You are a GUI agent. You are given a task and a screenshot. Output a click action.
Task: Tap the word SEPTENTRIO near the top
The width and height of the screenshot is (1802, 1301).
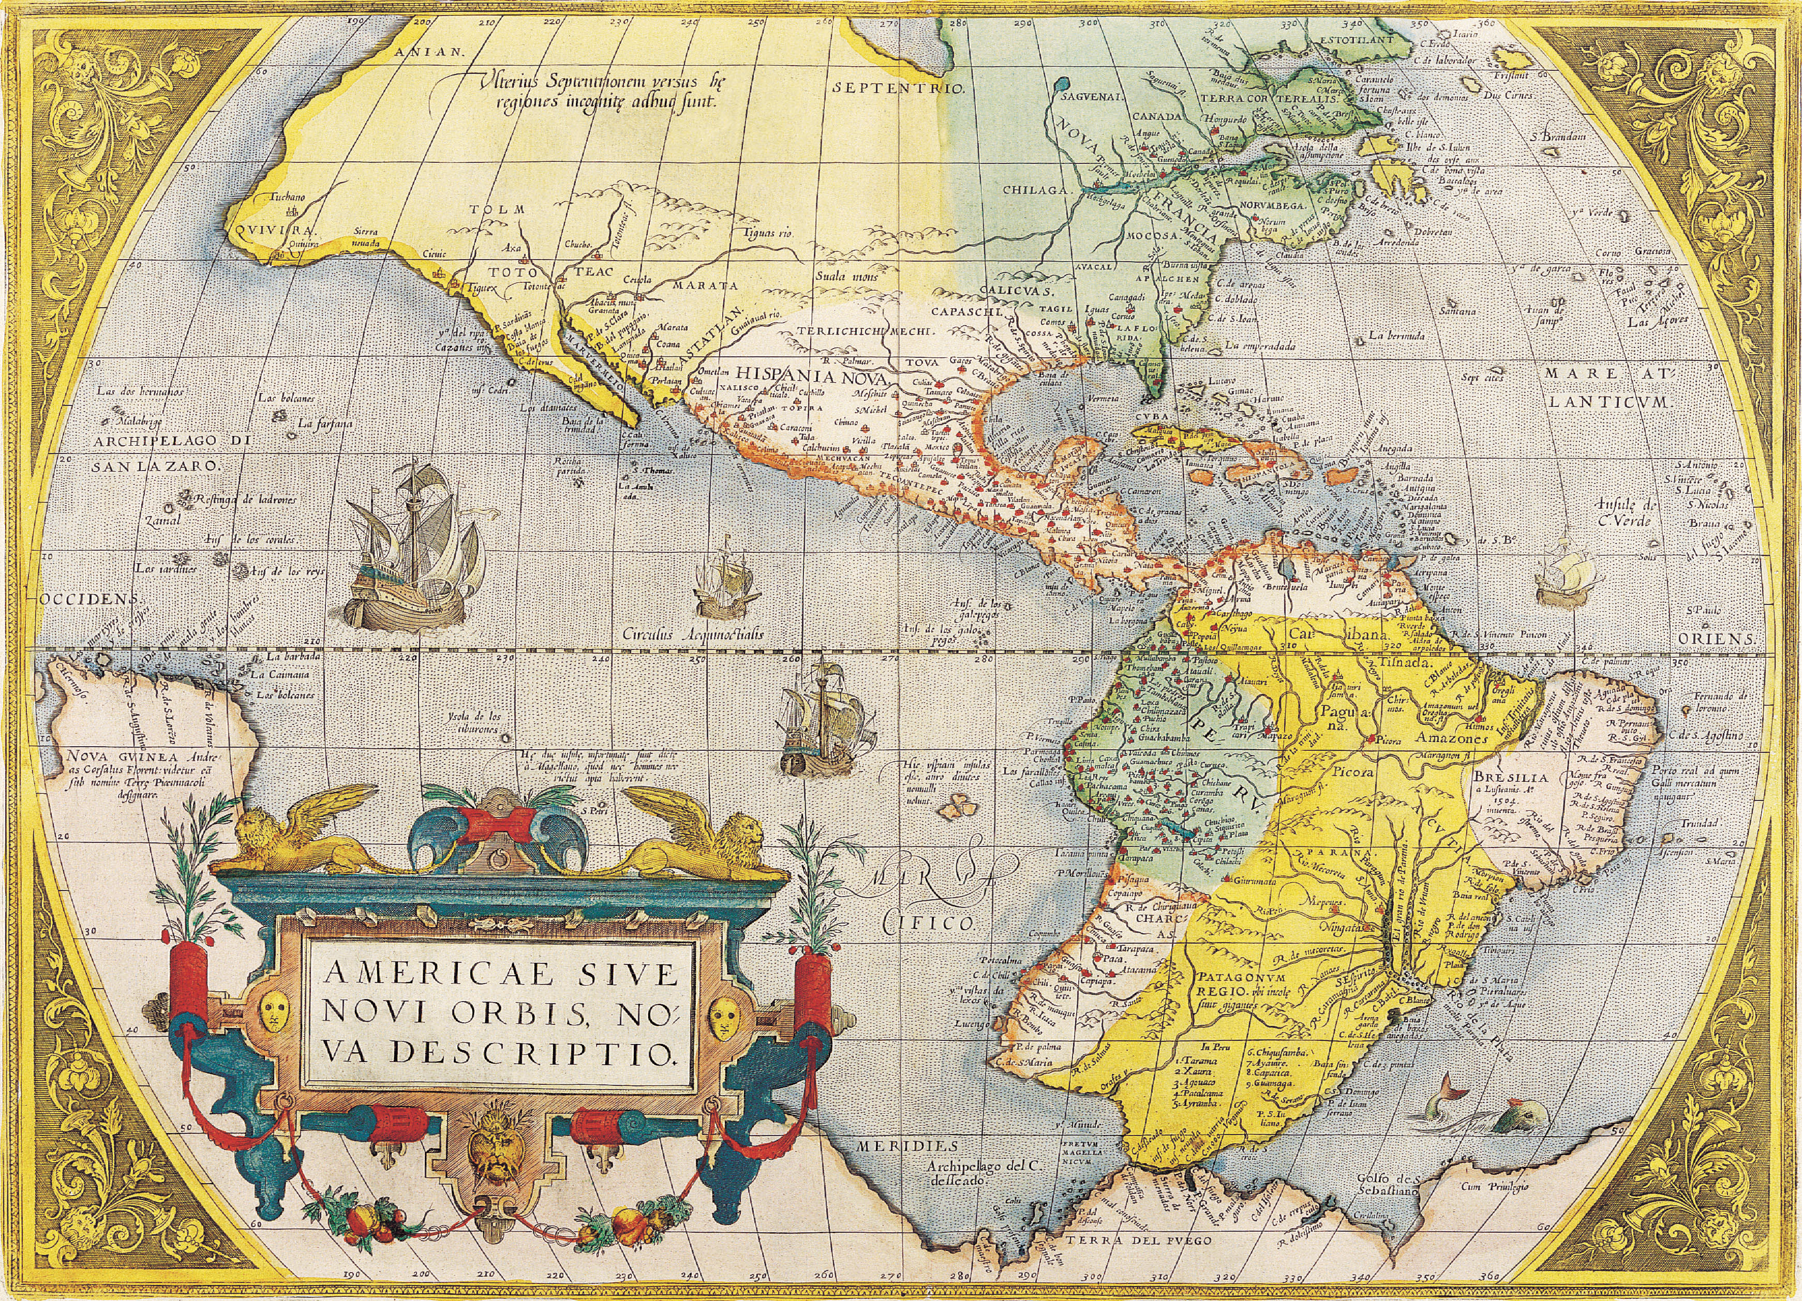[x=898, y=88]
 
